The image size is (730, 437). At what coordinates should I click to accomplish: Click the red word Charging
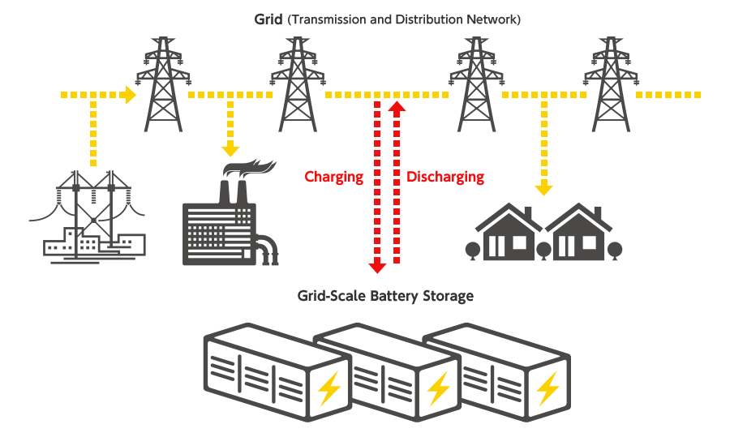pos(334,177)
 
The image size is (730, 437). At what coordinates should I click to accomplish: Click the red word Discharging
pos(444,177)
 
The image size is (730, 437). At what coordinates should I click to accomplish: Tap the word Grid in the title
pos(268,19)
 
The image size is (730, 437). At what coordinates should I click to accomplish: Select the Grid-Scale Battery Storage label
pos(385,296)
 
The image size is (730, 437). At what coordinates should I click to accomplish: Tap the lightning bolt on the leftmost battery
pos(329,389)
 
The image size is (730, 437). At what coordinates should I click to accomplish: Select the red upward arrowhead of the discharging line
pos(397,108)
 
